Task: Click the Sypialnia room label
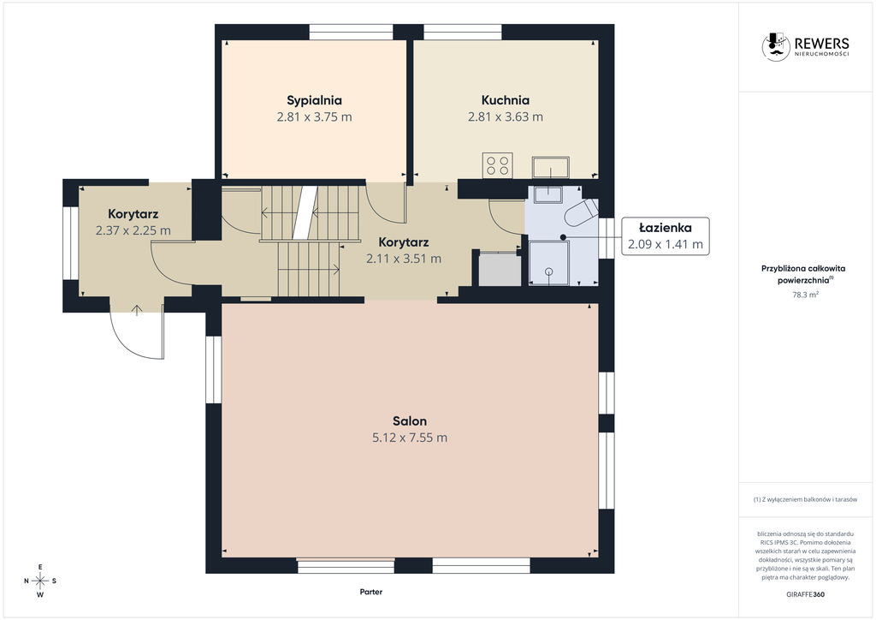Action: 314,101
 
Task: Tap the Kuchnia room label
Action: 506,101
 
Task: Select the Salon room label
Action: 410,421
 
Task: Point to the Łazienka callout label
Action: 666,228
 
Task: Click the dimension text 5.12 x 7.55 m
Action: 410,438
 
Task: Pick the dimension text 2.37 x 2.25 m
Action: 133,230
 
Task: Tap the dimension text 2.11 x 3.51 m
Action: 404,259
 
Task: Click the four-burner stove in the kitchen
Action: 497,165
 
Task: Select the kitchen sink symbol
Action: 550,167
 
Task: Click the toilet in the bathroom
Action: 581,212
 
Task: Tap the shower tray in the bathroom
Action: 550,263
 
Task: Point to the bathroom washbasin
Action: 548,194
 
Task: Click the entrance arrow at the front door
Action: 137,310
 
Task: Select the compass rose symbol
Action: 40,581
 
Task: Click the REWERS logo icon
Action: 776,46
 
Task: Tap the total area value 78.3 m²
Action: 806,295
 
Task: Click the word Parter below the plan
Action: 371,592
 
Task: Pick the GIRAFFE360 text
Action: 805,594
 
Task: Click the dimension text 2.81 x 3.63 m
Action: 506,116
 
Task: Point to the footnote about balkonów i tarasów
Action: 805,499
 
